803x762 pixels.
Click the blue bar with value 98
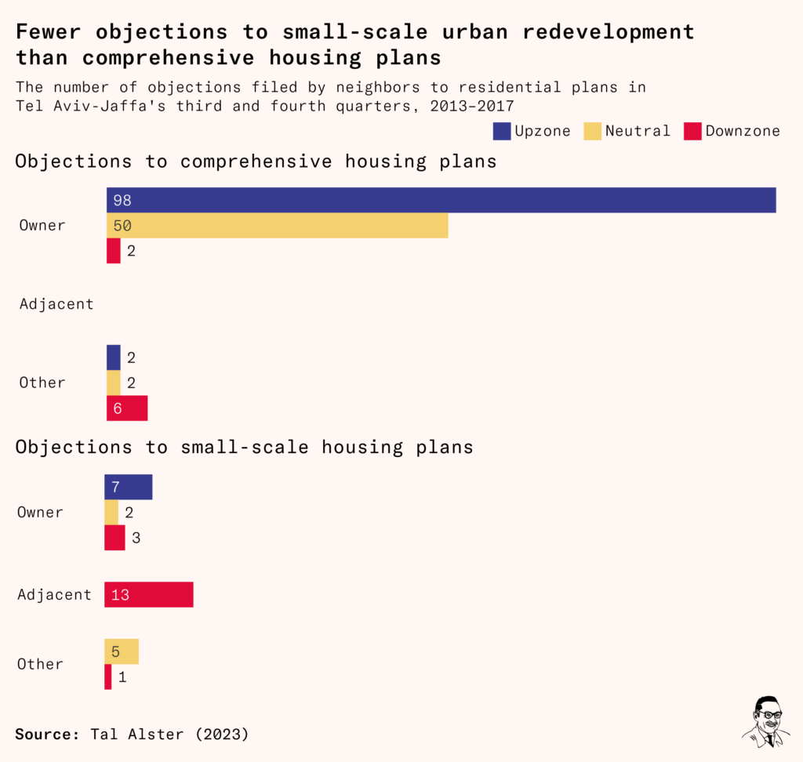(441, 200)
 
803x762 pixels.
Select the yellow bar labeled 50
(277, 226)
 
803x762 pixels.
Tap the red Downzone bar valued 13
(148, 594)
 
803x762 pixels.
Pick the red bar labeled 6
(127, 408)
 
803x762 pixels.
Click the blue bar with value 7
(128, 487)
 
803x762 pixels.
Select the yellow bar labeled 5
(122, 651)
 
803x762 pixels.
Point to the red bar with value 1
(108, 677)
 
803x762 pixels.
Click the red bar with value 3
(114, 538)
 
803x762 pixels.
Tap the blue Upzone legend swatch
(502, 131)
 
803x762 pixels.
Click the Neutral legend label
(638, 131)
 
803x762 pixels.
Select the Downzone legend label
(743, 131)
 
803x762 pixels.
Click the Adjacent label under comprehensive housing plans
(56, 303)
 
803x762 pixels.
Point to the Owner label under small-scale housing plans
(40, 512)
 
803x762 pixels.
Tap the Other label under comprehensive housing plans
(42, 383)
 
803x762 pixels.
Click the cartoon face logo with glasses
(766, 720)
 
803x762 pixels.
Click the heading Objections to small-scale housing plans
(244, 447)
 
